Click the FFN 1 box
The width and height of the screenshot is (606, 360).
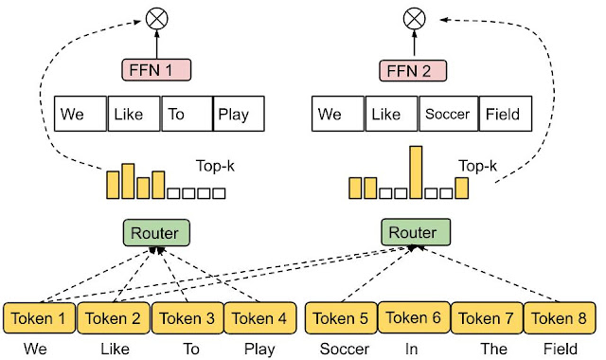click(x=156, y=69)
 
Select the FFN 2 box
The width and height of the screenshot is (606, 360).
click(x=414, y=69)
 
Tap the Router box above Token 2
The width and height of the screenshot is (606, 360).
click(x=156, y=231)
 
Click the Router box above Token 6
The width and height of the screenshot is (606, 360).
click(x=414, y=231)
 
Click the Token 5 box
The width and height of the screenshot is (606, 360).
click(x=341, y=318)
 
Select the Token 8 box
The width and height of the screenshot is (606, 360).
click(x=561, y=318)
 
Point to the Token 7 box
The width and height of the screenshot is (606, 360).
click(x=488, y=318)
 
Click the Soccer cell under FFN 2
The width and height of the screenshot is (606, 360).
click(x=447, y=115)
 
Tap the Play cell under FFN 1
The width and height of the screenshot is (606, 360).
click(x=239, y=115)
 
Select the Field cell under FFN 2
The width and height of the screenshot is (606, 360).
click(x=504, y=115)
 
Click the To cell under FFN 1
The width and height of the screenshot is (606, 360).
click(x=187, y=115)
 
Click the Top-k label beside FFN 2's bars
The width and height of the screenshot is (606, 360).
click(x=478, y=166)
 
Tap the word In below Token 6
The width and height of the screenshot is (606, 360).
click(x=412, y=348)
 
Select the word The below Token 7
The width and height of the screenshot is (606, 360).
click(x=493, y=348)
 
